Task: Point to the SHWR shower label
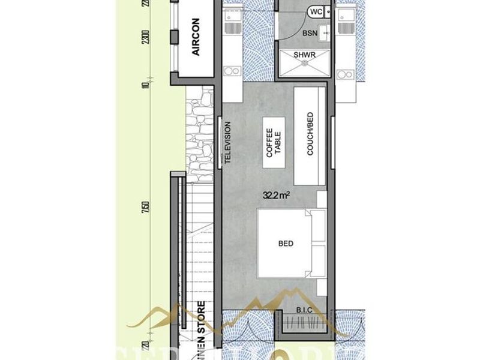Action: coord(304,55)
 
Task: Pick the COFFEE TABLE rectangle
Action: coord(274,143)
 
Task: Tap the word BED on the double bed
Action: coord(286,244)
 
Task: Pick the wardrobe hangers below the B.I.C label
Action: coord(304,327)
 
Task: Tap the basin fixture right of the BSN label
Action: coord(324,34)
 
